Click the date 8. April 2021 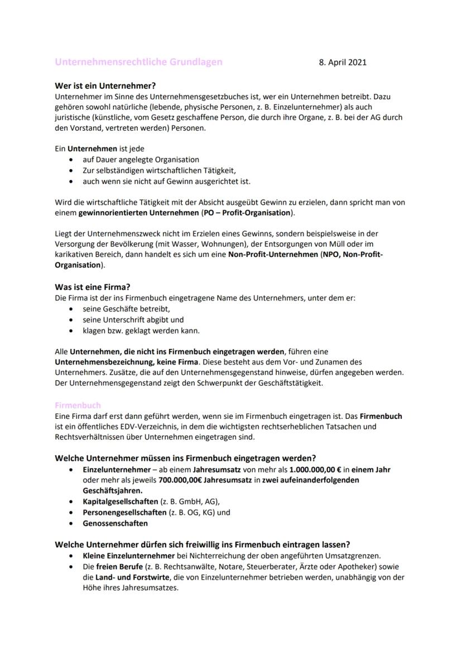pyautogui.click(x=343, y=62)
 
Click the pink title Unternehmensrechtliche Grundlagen pyautogui.click(x=138, y=62)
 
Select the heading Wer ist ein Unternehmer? pyautogui.click(x=105, y=87)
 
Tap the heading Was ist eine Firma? pyautogui.click(x=93, y=288)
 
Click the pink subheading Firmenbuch pyautogui.click(x=78, y=405)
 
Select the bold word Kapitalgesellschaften pyautogui.click(x=120, y=501)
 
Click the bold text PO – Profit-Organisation pyautogui.click(x=246, y=213)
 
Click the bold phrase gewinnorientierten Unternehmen pyautogui.click(x=133, y=213)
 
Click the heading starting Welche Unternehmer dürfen pyautogui.click(x=202, y=544)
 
